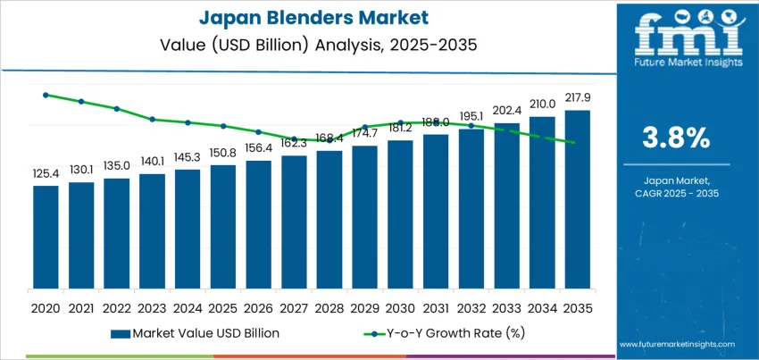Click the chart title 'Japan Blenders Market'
pyautogui.click(x=308, y=18)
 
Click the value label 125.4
pyautogui.click(x=46, y=173)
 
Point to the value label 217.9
pyautogui.click(x=578, y=97)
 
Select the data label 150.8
pyautogui.click(x=223, y=153)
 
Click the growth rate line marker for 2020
pyautogui.click(x=46, y=95)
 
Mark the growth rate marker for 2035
pyautogui.click(x=578, y=143)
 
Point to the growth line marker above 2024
pyautogui.click(x=188, y=122)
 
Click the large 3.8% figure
pyautogui.click(x=675, y=138)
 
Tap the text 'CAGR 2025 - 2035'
pyautogui.click(x=675, y=193)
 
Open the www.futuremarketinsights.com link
pyautogui.click(x=675, y=344)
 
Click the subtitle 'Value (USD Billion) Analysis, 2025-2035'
pyautogui.click(x=308, y=43)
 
